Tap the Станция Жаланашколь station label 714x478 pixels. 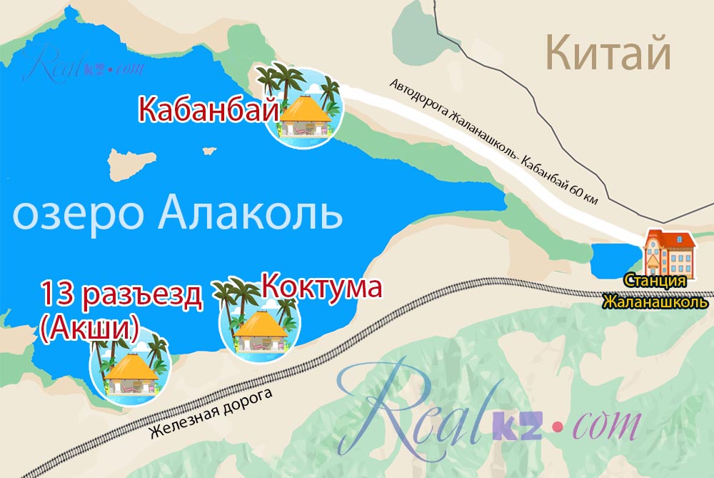(655, 291)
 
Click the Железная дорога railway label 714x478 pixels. (211, 414)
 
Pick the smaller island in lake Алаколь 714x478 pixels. (209, 151)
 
